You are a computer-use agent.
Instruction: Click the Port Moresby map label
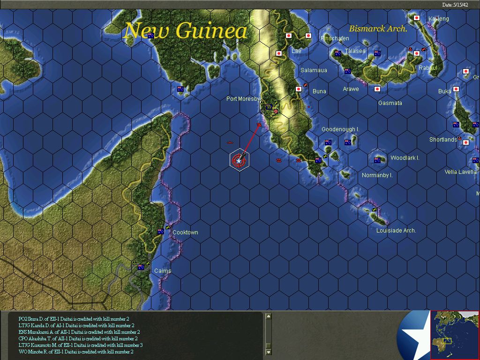243,99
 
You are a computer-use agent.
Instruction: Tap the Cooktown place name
185,232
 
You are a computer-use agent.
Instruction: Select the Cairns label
163,271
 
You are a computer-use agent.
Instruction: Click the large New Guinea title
185,31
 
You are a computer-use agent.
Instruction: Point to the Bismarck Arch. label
378,29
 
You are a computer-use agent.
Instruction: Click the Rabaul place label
427,68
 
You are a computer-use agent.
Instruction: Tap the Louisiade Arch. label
396,231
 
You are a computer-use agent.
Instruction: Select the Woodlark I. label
405,158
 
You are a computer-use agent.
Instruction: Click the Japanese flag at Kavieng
416,18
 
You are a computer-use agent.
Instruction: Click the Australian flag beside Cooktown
161,232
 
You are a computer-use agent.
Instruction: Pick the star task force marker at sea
240,160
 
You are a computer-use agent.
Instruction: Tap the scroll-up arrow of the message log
268,316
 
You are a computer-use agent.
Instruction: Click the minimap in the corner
455,335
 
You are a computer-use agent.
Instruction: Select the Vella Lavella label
460,172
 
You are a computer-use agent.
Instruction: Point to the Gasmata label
390,103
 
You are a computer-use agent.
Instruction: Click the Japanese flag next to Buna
299,89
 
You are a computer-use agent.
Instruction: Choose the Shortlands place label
443,140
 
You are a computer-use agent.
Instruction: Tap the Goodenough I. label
340,129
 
